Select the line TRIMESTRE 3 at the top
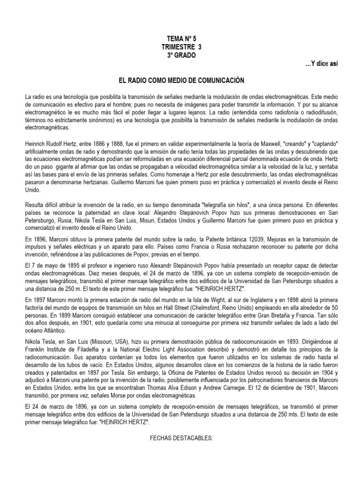coord(180,48)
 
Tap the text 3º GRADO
coord(180,56)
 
